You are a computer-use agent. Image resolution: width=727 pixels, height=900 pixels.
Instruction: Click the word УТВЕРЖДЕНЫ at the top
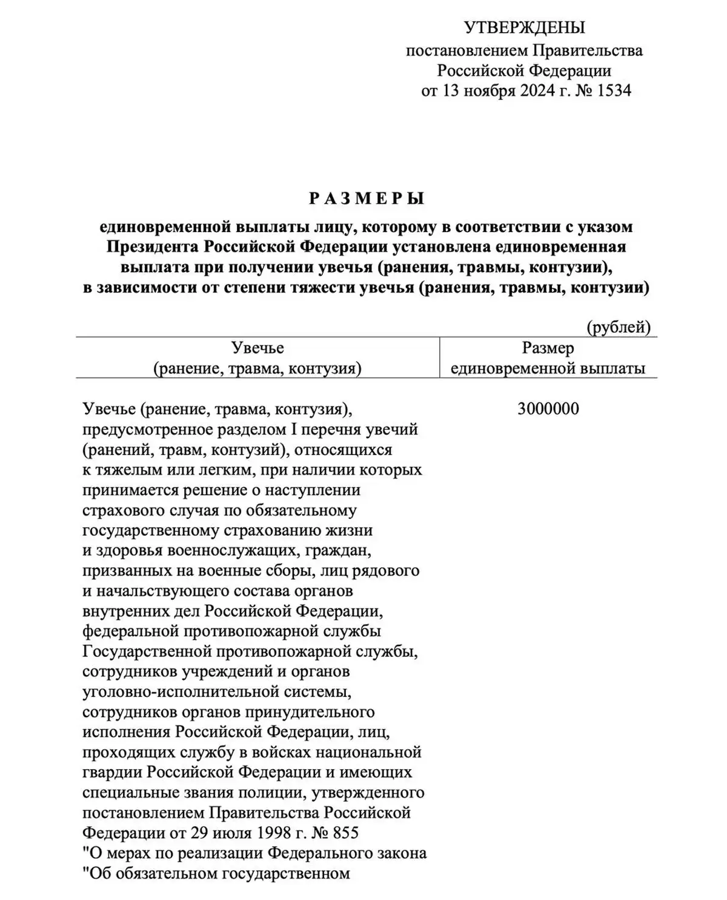point(524,27)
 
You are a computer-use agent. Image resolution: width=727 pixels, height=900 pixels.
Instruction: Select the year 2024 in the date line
point(535,91)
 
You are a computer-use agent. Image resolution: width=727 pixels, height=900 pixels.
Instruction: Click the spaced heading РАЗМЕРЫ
point(367,198)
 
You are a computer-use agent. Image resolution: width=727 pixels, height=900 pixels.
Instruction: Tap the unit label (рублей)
point(618,328)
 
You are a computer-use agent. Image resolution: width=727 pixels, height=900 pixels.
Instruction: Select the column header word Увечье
point(257,348)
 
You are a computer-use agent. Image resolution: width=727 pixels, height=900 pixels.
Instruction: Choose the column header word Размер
point(548,348)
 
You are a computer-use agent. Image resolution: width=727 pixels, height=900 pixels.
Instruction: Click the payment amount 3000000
point(548,409)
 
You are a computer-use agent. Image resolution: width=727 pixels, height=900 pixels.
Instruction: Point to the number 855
point(345,833)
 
